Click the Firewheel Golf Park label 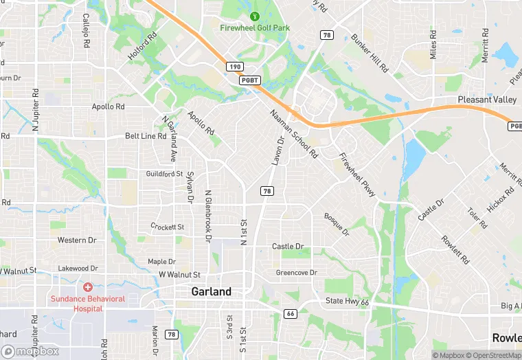coord(255,28)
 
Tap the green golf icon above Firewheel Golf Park coord(255,16)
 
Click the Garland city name coord(211,291)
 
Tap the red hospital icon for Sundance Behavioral coord(88,286)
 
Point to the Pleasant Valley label coord(487,100)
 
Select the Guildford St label coord(165,174)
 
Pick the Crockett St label coord(168,227)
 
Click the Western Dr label coord(77,240)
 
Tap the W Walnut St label coord(179,275)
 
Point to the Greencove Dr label coord(297,273)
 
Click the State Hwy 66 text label coord(348,302)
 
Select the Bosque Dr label coord(337,224)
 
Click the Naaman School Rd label coord(294,134)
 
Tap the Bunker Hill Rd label coord(370,54)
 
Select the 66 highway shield coord(290,314)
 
